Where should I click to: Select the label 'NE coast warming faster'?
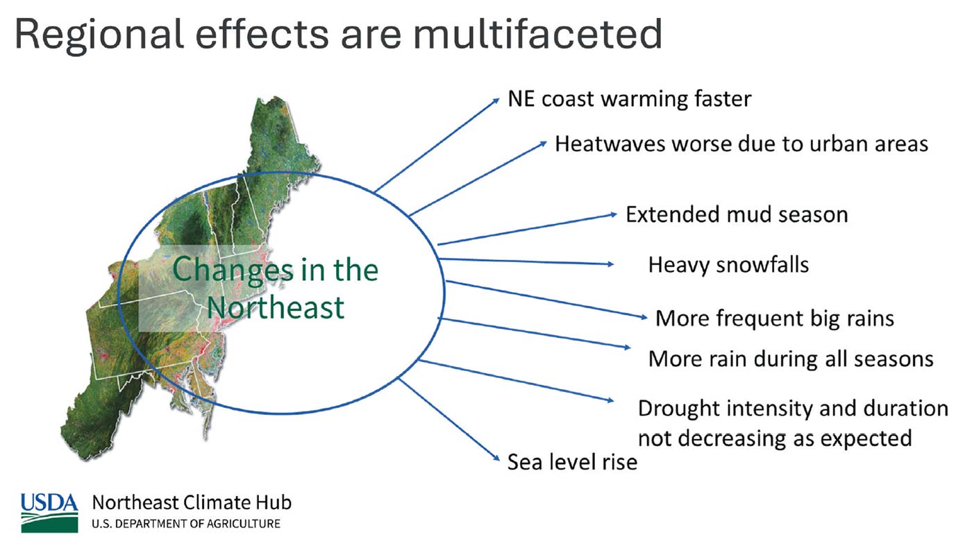pos(630,98)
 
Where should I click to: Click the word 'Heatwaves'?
pos(610,144)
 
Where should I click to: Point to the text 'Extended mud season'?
pos(737,214)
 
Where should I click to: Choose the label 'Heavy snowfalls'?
pos(728,265)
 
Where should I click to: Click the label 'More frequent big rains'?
pos(775,318)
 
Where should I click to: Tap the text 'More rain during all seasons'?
pos(791,359)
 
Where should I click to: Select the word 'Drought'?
pos(673,409)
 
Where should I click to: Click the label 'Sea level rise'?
pos(572,462)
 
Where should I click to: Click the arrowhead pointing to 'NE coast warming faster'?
pos(496,101)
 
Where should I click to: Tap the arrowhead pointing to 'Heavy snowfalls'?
pos(610,264)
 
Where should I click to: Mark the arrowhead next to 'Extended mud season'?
pos(614,214)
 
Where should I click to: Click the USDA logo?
pos(49,513)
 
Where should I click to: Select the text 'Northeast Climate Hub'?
pos(192,503)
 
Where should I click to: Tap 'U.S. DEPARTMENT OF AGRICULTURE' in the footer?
pos(186,524)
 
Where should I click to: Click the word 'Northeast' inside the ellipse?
pos(276,307)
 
